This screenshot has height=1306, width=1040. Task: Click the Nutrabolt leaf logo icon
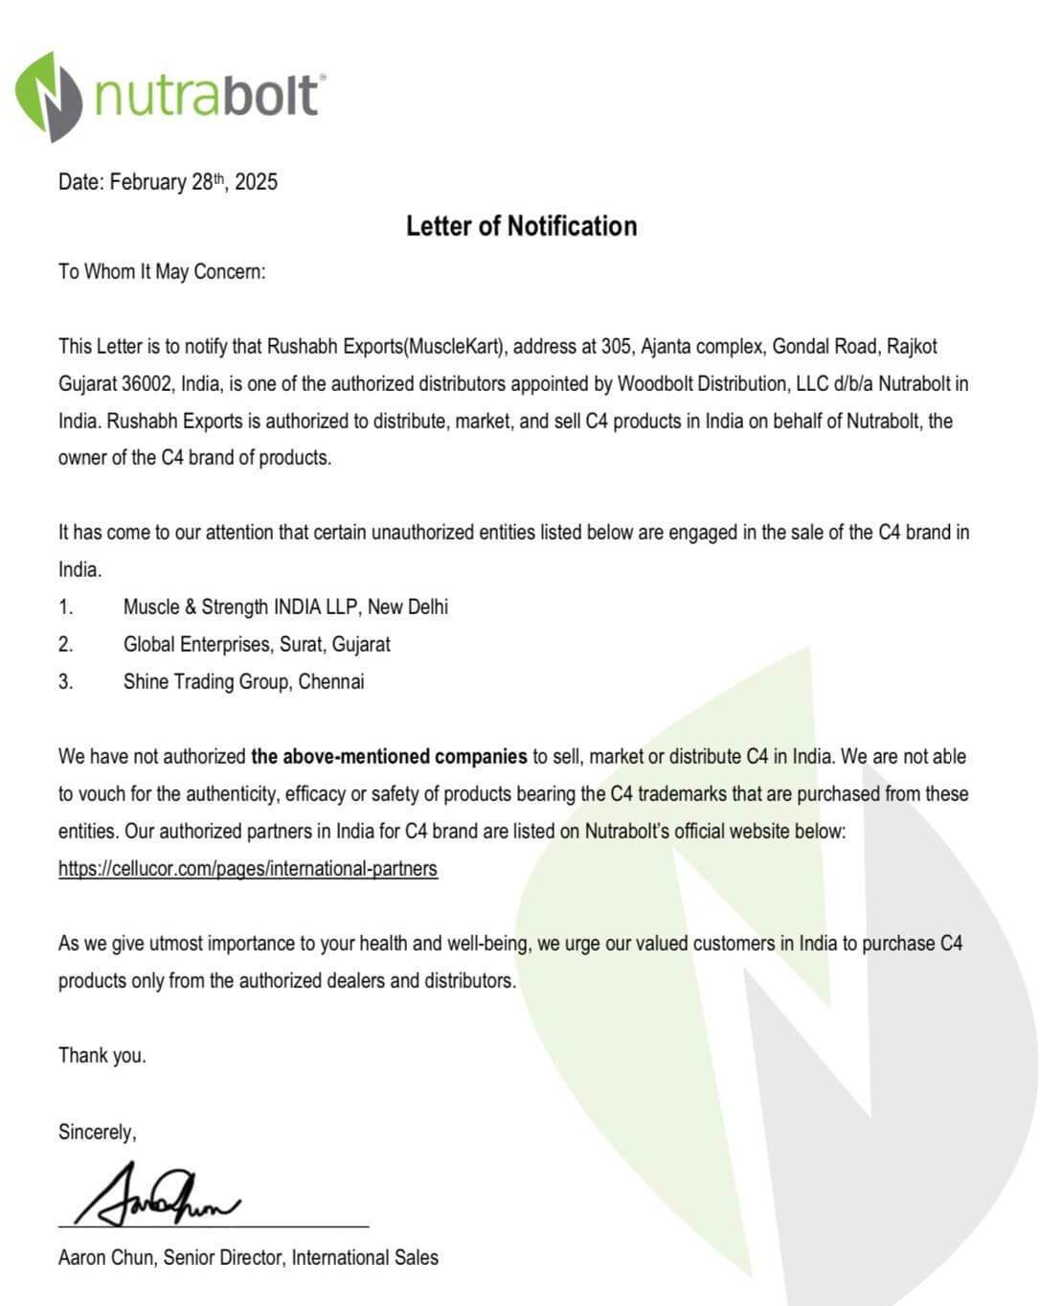pos(48,96)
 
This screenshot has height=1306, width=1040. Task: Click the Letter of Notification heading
pos(521,226)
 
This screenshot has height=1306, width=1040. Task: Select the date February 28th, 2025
pos(193,182)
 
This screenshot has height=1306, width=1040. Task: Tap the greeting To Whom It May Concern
pos(162,272)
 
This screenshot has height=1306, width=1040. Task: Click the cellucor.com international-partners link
pos(247,869)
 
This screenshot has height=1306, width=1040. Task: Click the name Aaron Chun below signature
pos(105,1258)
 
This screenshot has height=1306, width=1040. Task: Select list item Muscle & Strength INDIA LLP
pos(285,607)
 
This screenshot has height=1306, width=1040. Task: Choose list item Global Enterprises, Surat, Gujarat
pos(257,645)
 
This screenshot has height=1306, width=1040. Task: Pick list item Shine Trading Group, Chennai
pos(243,682)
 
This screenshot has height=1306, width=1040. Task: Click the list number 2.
pos(65,645)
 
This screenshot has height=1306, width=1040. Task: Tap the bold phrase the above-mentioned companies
pos(389,757)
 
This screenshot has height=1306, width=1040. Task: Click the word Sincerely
pos(97,1133)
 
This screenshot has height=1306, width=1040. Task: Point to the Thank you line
pos(102,1056)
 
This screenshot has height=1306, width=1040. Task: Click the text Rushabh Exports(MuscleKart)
pos(386,347)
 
